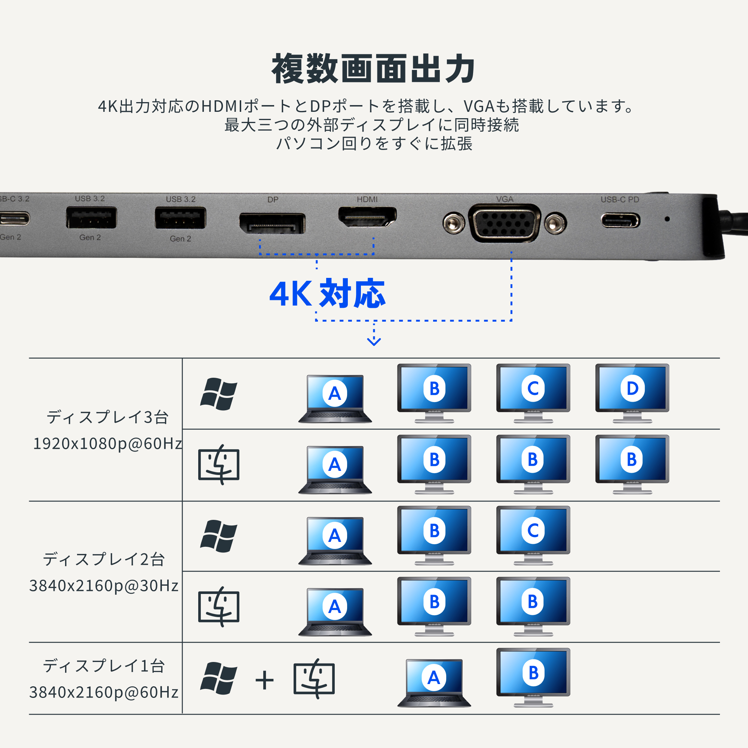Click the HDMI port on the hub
(367, 217)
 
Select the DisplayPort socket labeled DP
(272, 223)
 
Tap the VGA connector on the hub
(505, 223)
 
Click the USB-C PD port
(620, 221)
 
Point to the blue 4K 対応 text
(327, 294)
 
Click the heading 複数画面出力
(373, 69)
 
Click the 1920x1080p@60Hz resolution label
(107, 444)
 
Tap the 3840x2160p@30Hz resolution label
(104, 586)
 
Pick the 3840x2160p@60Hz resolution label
(104, 692)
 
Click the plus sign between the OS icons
(265, 680)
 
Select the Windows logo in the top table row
(219, 394)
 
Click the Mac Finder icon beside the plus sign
(314, 679)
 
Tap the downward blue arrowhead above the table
(374, 341)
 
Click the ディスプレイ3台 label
(107, 417)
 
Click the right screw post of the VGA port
(555, 223)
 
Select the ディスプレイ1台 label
(104, 666)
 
